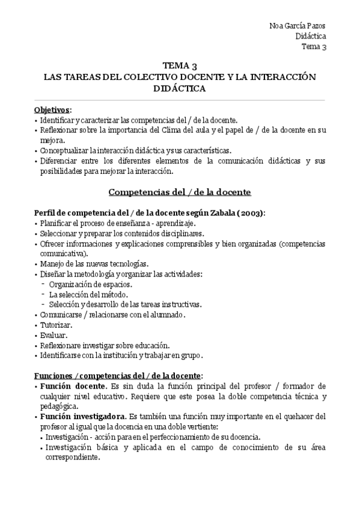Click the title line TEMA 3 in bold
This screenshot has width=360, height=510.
click(x=180, y=66)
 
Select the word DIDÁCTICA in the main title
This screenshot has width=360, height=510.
click(x=180, y=89)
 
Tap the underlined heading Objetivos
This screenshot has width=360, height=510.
click(x=52, y=109)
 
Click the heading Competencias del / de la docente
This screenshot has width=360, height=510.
click(x=180, y=192)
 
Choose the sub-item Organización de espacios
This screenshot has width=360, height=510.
click(x=91, y=284)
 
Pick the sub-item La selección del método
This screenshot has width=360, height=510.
click(x=88, y=294)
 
